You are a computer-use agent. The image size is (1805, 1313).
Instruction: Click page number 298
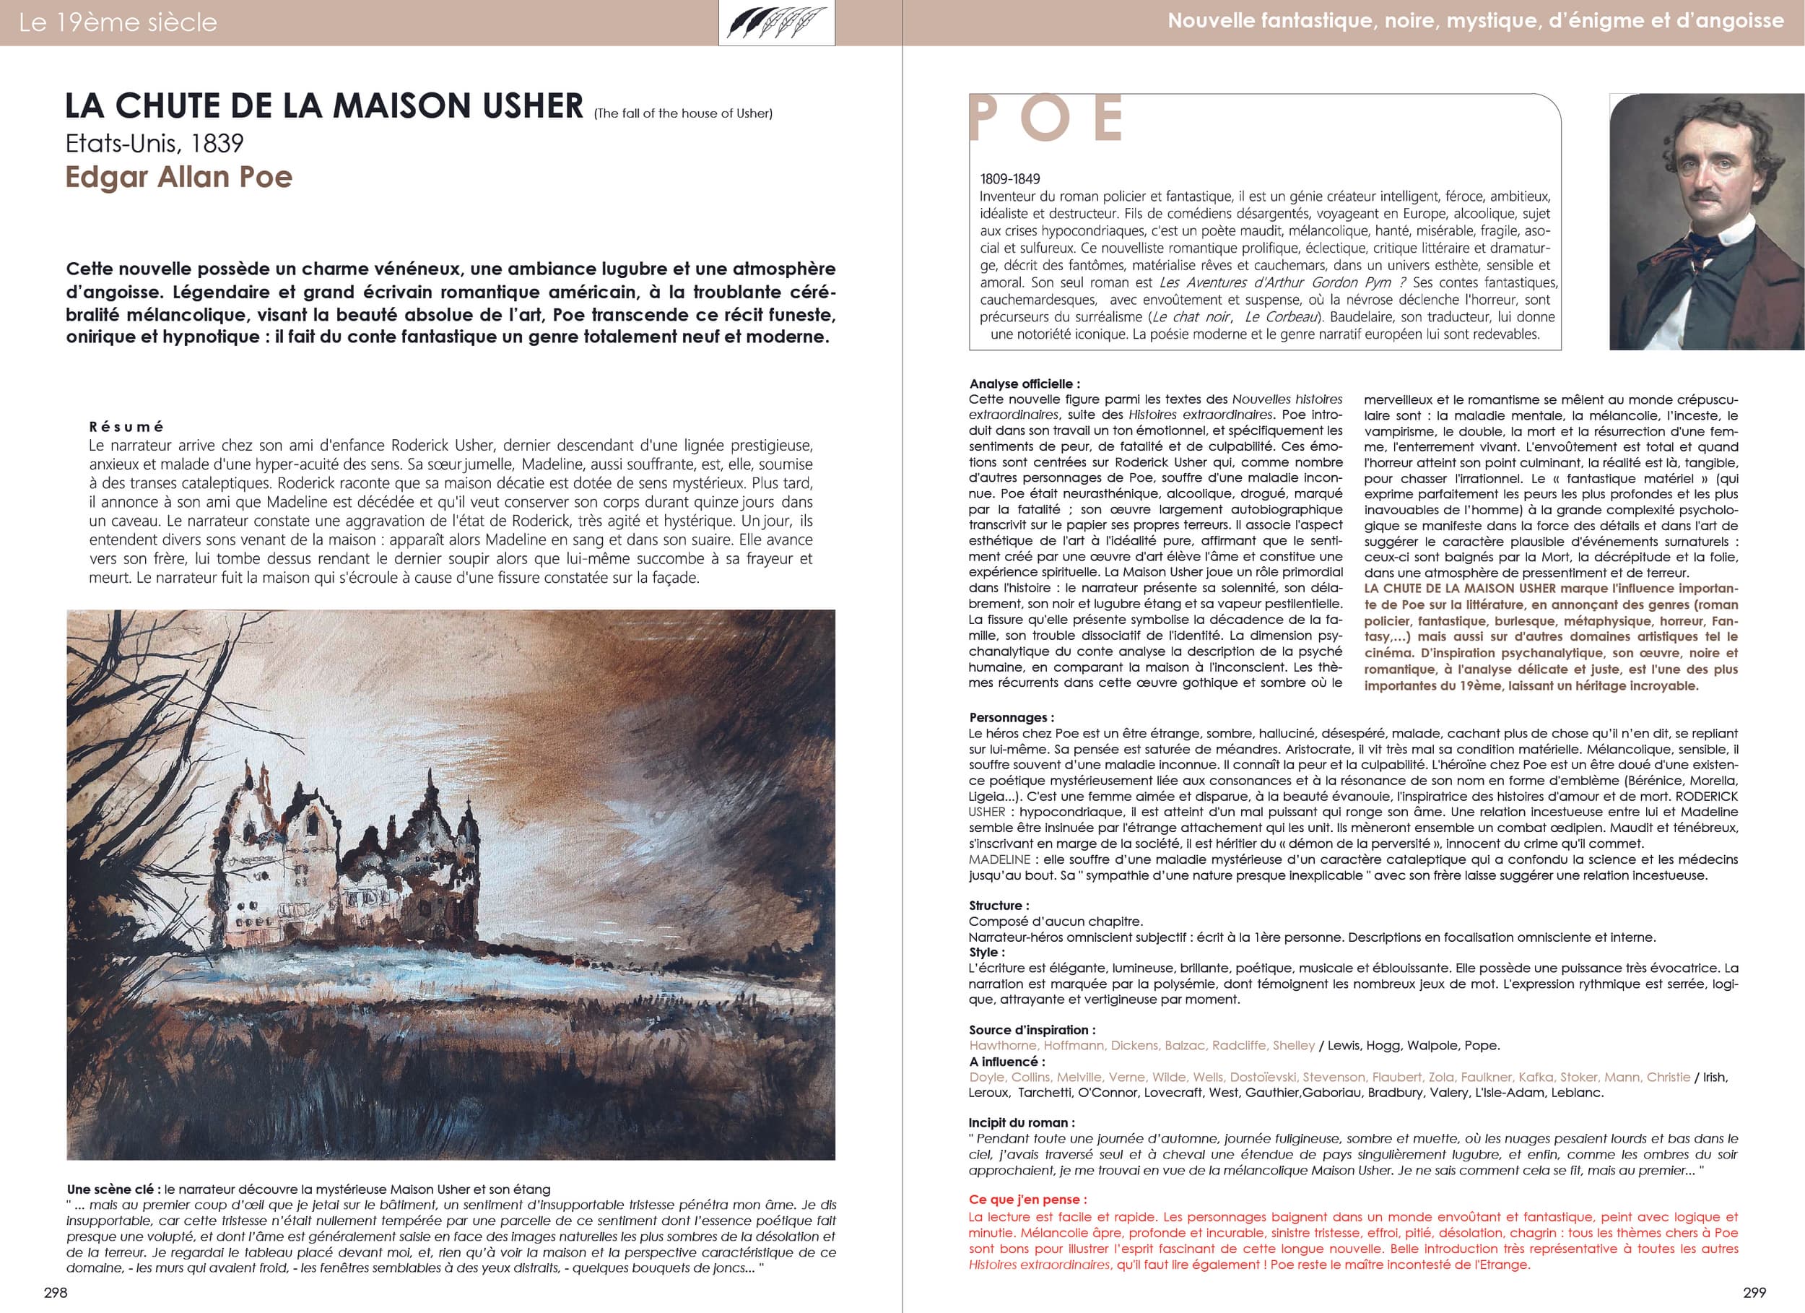[x=56, y=1293]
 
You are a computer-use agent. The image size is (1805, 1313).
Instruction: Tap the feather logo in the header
[x=777, y=22]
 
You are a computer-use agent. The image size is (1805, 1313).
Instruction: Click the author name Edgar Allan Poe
[x=179, y=177]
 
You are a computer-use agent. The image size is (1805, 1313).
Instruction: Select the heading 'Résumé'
[x=126, y=427]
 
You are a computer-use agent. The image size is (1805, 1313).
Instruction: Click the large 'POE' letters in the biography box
[x=1047, y=119]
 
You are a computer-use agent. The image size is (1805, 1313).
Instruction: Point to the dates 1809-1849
[x=1010, y=179]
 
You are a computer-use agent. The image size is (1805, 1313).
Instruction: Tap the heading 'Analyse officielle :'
[x=1025, y=383]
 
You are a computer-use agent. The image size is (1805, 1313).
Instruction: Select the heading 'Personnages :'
[x=1012, y=717]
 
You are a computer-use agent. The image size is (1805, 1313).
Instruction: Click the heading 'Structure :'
[x=999, y=906]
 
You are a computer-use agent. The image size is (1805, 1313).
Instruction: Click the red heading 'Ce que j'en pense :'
[x=1027, y=1199]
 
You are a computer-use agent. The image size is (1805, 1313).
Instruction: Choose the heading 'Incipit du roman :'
[x=1021, y=1123]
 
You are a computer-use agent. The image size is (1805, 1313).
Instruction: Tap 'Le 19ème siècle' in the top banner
[x=118, y=22]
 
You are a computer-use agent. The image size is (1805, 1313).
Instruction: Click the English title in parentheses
[x=683, y=114]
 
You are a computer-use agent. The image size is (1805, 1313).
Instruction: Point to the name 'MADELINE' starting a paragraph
[x=999, y=860]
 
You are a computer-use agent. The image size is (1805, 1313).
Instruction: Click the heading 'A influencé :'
[x=1006, y=1062]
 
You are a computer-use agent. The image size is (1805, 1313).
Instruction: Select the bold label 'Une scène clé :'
[x=114, y=1189]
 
